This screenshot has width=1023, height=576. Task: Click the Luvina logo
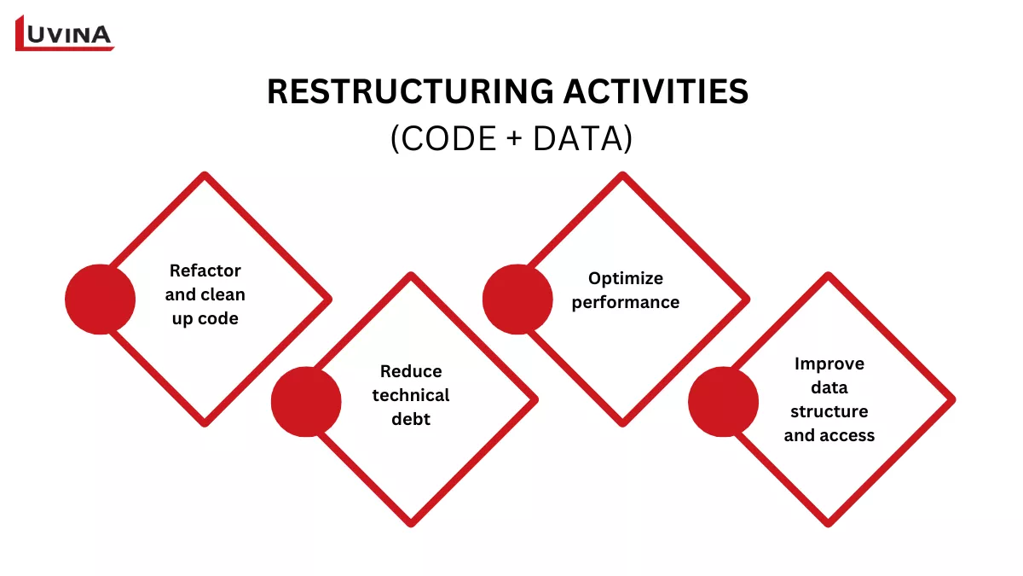coord(65,33)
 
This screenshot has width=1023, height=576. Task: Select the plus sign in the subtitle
coord(511,139)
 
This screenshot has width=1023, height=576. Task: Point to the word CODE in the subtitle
coord(444,139)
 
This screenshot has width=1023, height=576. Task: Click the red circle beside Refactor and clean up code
coord(100,299)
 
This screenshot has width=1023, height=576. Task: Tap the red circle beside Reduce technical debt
coord(306,401)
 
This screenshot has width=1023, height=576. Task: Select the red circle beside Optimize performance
coord(517,299)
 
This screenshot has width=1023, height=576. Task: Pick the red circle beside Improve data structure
coord(723,401)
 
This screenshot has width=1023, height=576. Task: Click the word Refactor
coord(205,271)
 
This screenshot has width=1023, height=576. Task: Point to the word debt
coord(411,419)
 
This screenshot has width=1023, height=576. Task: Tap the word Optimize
coord(626,278)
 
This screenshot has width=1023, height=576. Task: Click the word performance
coord(626,302)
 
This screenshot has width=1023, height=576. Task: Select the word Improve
coord(829,364)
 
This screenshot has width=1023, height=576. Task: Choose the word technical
coord(411,395)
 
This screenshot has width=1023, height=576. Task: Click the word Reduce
coord(411,371)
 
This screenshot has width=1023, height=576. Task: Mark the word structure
coord(829,411)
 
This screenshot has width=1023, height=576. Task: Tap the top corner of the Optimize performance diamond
coord(622,175)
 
